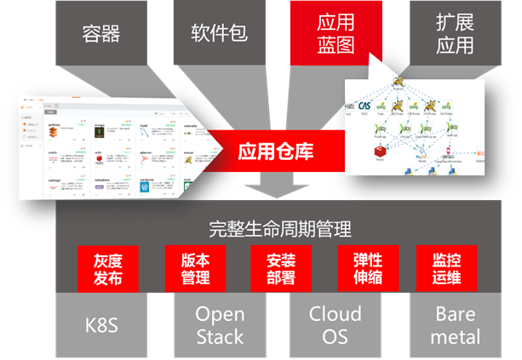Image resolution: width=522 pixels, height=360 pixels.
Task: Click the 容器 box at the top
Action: (x=101, y=33)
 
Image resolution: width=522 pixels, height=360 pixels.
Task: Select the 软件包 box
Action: (x=218, y=33)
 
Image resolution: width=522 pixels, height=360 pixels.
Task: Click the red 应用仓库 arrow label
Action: (x=274, y=152)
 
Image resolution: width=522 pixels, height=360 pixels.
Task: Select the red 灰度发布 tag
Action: (x=101, y=267)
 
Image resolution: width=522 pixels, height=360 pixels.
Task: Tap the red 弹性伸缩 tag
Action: (x=362, y=267)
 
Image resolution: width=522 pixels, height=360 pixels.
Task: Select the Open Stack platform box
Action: (x=220, y=325)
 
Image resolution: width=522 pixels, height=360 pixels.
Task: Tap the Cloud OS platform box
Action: (x=336, y=325)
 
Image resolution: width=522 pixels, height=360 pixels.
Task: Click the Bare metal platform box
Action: (x=455, y=325)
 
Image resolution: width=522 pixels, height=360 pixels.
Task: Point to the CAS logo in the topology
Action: (x=364, y=106)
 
